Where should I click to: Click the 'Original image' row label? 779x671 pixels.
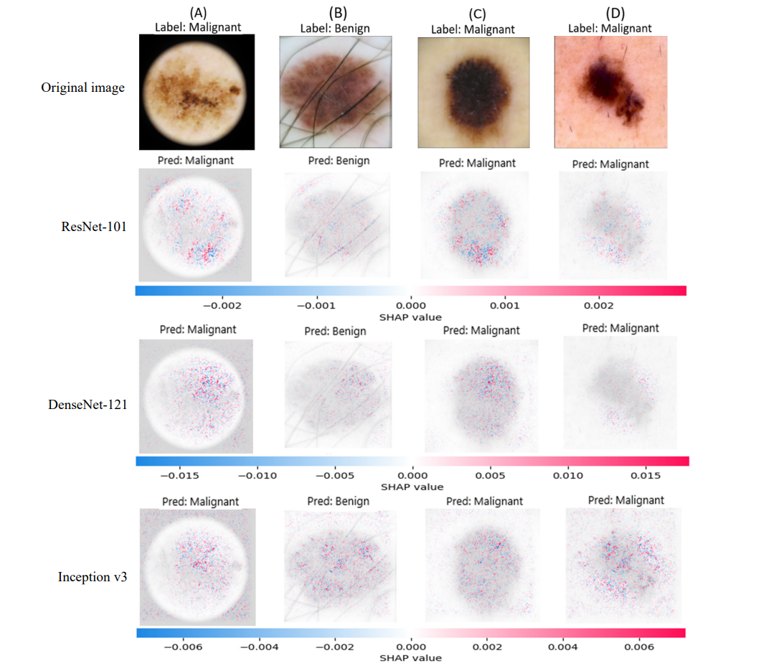[x=82, y=88]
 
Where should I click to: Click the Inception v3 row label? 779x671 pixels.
[x=93, y=576]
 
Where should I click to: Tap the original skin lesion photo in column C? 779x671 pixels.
[x=473, y=93]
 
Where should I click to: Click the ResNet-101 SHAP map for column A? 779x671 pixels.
[x=196, y=225]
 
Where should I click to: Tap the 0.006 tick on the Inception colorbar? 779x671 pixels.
[x=638, y=647]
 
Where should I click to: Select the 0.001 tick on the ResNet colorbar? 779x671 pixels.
[x=504, y=305]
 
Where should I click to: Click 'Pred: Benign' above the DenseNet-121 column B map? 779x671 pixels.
[x=335, y=331]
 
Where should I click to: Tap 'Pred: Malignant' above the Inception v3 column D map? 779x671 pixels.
[x=626, y=500]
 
